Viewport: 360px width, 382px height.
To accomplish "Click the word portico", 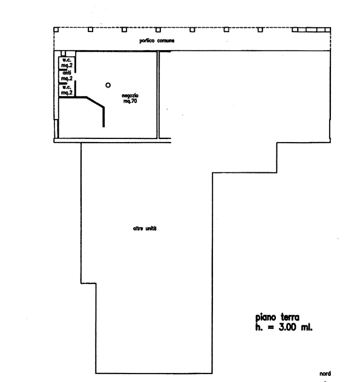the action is coord(147,40).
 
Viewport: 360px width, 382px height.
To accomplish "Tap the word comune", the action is coord(166,40).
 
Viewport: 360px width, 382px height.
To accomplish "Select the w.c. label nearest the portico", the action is coord(67,60).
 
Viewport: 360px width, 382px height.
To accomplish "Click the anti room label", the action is coord(67,73).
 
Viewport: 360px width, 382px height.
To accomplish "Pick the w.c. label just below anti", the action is coord(67,87).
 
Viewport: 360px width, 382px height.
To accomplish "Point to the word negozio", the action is coord(130,95).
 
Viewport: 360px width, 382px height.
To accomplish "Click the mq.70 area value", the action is coord(130,101).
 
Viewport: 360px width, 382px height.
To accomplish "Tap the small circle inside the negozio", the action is coord(108,85).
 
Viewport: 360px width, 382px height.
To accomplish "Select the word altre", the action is coord(138,228).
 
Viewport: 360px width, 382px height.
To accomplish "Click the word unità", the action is coord(151,228).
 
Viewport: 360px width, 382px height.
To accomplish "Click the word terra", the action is coord(290,317).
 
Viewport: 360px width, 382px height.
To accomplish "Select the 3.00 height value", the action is coord(287,327).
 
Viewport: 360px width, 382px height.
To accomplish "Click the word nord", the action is coord(325,374).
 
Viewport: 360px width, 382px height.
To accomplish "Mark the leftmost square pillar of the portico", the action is coord(56,30).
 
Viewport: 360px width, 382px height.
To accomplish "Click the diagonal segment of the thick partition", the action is coord(96,102).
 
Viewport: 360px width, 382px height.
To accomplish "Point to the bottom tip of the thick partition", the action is coord(103,127).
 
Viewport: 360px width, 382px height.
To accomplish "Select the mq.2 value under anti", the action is coord(67,79).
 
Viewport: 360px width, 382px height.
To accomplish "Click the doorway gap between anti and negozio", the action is coord(75,77).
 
